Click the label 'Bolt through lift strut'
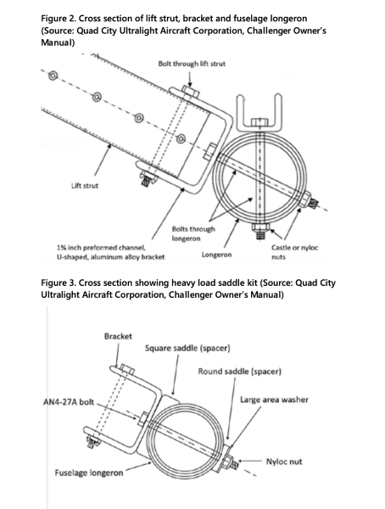(x=192, y=64)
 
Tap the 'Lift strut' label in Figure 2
(x=85, y=186)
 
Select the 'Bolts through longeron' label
(x=193, y=234)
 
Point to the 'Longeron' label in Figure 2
(x=216, y=255)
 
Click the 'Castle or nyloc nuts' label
(x=294, y=252)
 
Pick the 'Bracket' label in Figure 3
(x=118, y=336)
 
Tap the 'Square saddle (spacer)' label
(x=187, y=349)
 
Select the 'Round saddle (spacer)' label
(x=240, y=372)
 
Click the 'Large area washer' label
(x=274, y=400)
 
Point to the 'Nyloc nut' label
(x=284, y=461)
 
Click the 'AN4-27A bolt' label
(x=68, y=402)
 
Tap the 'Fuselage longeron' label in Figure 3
(x=89, y=473)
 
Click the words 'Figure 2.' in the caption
(x=59, y=19)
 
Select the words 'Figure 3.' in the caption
(x=59, y=282)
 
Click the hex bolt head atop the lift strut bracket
(x=190, y=91)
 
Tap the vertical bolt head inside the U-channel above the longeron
(x=259, y=123)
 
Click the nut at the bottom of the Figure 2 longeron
(x=259, y=227)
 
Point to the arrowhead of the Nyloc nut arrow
(x=241, y=461)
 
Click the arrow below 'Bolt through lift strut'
(x=190, y=77)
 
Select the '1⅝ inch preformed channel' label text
(x=101, y=248)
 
